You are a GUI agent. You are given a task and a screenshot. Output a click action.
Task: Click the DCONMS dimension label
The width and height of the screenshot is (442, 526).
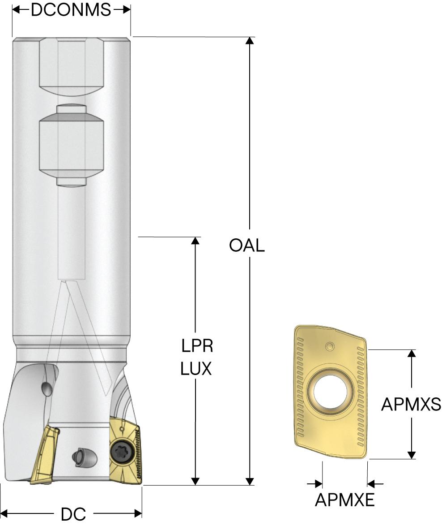coord(71,9)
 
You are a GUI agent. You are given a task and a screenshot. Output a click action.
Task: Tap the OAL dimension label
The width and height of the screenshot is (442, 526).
coord(247,245)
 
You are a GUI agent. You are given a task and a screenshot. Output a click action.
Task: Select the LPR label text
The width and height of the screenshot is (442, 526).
coord(197,345)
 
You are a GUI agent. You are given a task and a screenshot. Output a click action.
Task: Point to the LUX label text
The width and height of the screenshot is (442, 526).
coord(196,368)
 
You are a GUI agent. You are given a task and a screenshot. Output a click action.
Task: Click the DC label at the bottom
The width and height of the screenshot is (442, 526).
coord(73,514)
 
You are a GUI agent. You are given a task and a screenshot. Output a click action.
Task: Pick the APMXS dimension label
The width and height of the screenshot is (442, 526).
coord(411,404)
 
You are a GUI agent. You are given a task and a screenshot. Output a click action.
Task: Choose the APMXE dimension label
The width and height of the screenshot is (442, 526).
coord(345,500)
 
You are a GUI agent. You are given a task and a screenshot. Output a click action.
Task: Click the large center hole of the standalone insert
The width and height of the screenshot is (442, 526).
coord(330,392)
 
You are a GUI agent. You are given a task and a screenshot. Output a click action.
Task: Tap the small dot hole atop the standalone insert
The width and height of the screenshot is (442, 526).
coord(330,346)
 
